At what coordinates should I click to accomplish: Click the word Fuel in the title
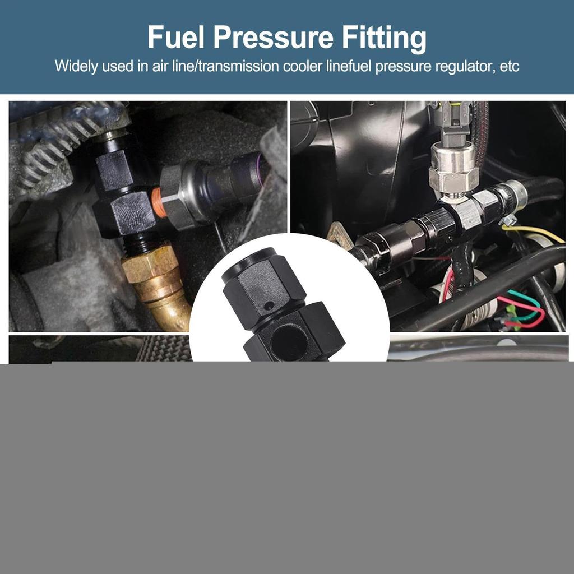point(176,38)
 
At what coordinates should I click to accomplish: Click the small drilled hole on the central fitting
point(270,306)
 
